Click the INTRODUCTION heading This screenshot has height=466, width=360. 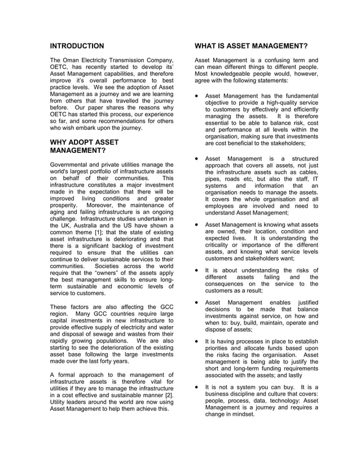77,45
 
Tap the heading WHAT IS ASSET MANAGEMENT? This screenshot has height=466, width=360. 251,45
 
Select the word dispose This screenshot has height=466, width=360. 218,329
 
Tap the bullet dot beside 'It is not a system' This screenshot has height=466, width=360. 196,387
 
